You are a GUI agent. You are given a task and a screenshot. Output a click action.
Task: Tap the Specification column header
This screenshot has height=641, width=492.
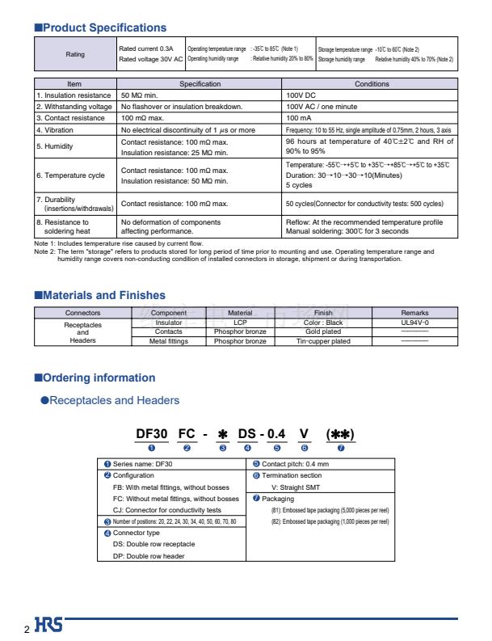pos(200,84)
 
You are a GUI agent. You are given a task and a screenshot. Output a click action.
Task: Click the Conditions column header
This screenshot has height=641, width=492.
pos(372,84)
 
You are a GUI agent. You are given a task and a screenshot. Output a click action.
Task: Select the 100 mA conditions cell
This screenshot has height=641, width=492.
pos(299,118)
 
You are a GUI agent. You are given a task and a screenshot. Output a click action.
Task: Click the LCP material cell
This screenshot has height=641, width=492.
pos(240,323)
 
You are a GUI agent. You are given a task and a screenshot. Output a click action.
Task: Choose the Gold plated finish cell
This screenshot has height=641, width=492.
pos(323,331)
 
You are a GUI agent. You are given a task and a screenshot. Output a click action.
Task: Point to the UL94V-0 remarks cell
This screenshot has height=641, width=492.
pos(414,323)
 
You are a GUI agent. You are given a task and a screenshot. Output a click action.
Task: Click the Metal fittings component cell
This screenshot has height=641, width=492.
pos(169,341)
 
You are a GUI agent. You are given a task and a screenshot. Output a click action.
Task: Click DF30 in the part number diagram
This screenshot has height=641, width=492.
pos(152,434)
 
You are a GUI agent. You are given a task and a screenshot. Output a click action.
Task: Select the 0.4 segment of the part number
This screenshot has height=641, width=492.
pos(277,434)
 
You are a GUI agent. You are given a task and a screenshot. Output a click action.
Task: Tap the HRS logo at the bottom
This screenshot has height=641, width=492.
pos(48,625)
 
